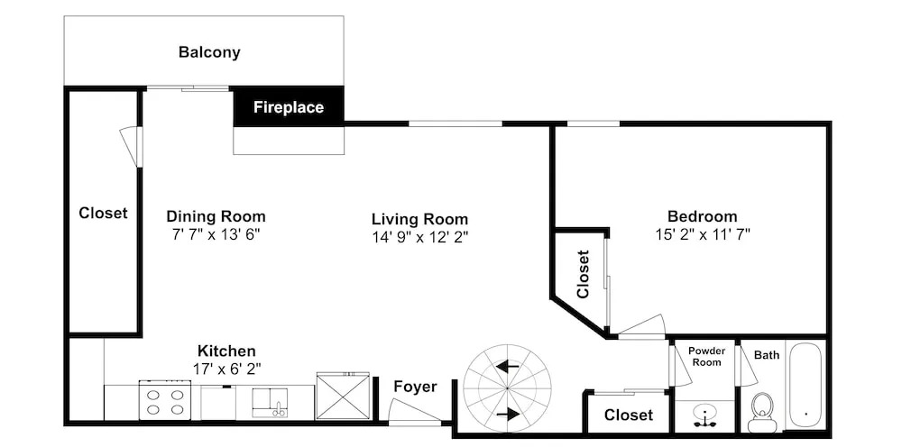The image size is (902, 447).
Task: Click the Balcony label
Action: click(209, 52)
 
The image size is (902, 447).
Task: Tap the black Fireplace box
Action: click(289, 107)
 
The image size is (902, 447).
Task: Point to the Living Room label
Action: click(419, 219)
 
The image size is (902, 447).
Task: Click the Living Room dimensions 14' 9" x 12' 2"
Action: click(419, 237)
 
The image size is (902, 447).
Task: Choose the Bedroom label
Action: click(702, 216)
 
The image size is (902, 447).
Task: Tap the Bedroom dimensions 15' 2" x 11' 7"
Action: click(703, 234)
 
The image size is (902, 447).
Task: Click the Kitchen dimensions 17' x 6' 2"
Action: click(226, 369)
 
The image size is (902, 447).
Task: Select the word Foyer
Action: click(415, 387)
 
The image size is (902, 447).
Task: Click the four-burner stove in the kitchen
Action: click(164, 400)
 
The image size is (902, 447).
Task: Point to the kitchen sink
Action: click(270, 402)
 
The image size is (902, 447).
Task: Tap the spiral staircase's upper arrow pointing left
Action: click(507, 367)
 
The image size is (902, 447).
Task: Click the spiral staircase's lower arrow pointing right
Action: click(507, 415)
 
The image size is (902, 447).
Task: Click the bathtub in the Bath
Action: click(805, 386)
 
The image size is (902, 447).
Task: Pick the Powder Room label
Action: click(705, 356)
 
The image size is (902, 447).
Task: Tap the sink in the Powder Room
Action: click(704, 415)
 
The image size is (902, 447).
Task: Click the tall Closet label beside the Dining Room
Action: click(103, 214)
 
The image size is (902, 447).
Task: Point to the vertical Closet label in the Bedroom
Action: click(583, 274)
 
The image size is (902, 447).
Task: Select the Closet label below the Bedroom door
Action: click(628, 415)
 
